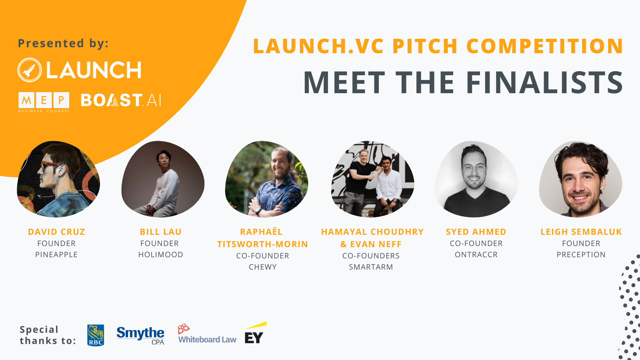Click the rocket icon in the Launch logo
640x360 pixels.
[x=30, y=70]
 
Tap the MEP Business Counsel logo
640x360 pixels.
[x=44, y=102]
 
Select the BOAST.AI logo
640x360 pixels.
[x=121, y=100]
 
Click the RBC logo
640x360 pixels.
[x=96, y=335]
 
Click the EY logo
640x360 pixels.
[x=254, y=335]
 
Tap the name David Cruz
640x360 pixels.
[x=56, y=232]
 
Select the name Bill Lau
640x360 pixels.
[x=160, y=232]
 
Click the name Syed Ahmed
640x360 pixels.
[x=476, y=232]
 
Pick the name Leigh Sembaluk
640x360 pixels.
[x=581, y=232]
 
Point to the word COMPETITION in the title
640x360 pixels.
[x=544, y=46]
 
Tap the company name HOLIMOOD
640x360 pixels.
[x=160, y=255]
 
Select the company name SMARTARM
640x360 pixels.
[x=371, y=267]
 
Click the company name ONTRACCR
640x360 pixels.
[x=476, y=255]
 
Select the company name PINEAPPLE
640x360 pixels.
[x=56, y=255]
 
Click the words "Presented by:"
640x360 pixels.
[x=63, y=43]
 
